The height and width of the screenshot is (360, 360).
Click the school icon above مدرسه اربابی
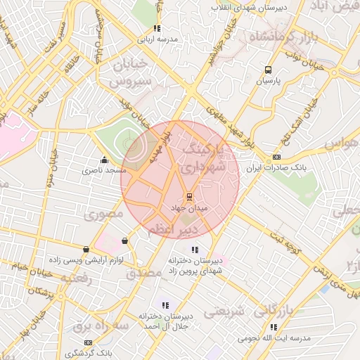157,28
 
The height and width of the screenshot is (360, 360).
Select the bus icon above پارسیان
267,70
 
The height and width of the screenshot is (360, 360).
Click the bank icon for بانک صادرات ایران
277,157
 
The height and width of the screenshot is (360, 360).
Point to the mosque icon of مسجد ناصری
105,159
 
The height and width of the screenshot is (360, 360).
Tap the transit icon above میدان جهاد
188,197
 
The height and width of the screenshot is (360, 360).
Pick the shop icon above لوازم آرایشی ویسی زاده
86,249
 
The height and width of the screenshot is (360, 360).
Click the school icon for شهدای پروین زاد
195,249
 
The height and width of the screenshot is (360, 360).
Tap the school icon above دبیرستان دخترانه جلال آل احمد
165,305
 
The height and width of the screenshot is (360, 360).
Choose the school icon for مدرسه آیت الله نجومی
274,327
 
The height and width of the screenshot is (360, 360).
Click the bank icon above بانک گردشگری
88,342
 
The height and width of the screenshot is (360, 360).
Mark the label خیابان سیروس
127,73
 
